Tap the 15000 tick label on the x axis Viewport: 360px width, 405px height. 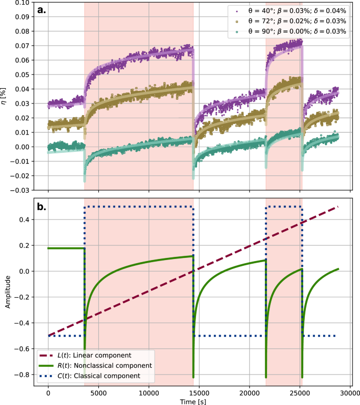pos(199,391)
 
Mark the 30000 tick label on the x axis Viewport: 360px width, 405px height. pos(349,391)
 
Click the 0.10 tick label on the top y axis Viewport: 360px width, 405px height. pos(22,3)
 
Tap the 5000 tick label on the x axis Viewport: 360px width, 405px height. pos(98,391)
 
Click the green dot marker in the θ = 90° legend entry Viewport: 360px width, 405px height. pos(238,32)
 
